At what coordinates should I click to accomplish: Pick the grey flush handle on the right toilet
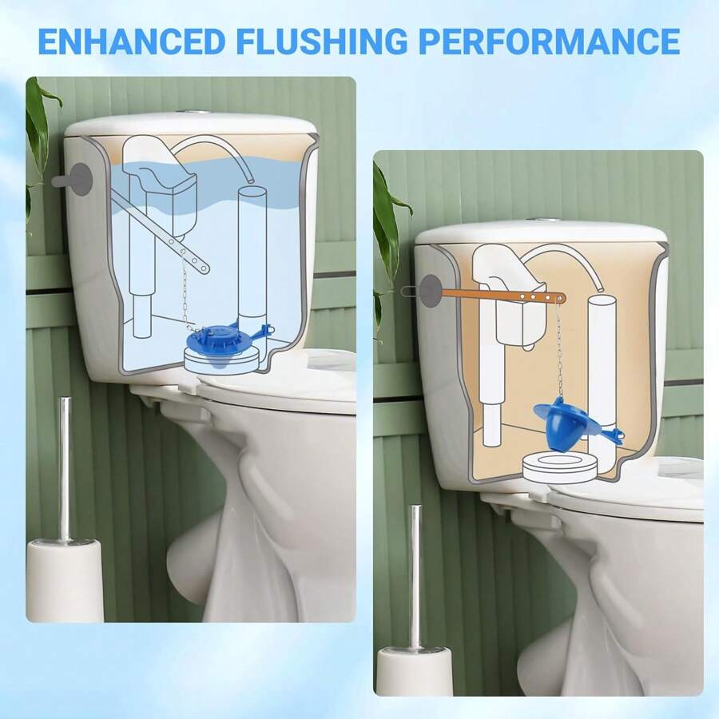[x=429, y=288]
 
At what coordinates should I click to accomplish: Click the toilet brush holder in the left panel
[x=65, y=579]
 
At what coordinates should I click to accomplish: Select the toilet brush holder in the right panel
[x=415, y=671]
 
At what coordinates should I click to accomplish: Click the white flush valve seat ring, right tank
[x=559, y=467]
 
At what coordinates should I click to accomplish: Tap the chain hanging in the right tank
[x=559, y=352]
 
